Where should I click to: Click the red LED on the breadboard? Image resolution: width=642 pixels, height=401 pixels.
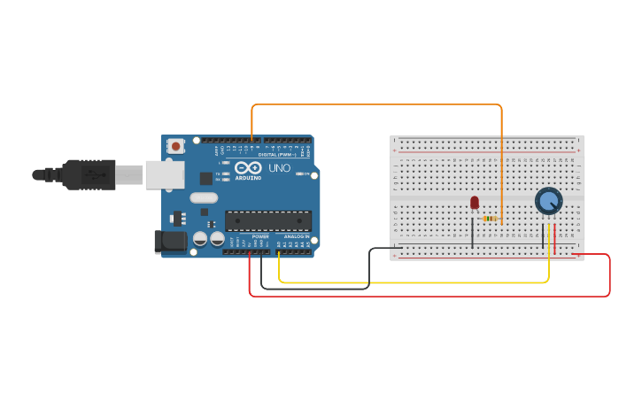(x=475, y=203)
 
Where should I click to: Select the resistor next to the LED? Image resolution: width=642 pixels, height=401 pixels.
(x=490, y=219)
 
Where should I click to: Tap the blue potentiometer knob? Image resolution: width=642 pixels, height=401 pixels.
(x=548, y=201)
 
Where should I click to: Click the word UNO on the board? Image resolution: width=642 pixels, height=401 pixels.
(x=279, y=168)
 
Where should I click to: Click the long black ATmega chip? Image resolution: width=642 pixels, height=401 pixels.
(x=267, y=220)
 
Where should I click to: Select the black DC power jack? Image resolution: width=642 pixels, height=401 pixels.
(x=170, y=242)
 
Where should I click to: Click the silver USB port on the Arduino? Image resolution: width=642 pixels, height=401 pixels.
(x=165, y=175)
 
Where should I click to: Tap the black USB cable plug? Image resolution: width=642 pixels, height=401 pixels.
(x=89, y=174)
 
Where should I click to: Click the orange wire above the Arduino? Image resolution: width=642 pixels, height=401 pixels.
(x=376, y=104)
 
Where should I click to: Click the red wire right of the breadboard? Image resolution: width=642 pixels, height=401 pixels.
(x=609, y=274)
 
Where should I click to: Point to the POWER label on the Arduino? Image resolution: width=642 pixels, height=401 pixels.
(x=260, y=236)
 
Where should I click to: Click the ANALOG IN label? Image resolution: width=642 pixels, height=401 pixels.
(x=296, y=236)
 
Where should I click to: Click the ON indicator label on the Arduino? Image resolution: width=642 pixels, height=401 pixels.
(x=304, y=174)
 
